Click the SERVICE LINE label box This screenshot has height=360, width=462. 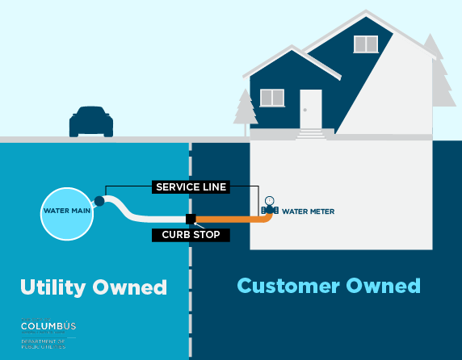190,187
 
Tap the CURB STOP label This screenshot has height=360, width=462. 191,235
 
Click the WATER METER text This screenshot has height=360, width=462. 308,211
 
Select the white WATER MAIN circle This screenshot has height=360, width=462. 67,212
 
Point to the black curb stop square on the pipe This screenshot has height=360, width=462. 191,219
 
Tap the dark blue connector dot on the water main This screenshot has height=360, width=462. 99,201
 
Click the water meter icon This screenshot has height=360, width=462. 269,207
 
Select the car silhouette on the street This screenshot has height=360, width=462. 91,122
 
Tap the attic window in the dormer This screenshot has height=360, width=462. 365,44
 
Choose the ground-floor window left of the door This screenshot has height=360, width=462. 272,98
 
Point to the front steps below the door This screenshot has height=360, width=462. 311,134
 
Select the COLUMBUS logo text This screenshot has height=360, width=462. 48,326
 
